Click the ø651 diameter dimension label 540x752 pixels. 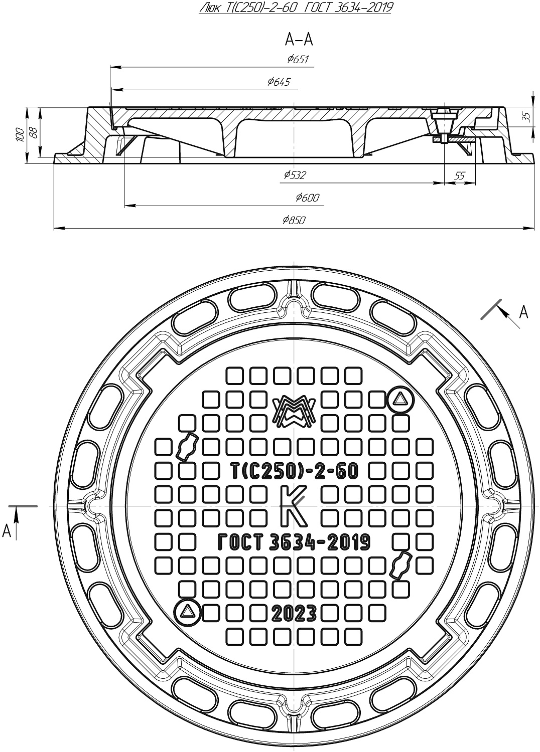point(298,60)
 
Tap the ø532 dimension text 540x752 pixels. point(294,175)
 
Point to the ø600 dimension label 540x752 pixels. point(307,198)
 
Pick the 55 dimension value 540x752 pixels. point(459,175)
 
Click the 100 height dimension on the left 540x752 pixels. point(19,134)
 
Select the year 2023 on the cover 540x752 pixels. point(294,613)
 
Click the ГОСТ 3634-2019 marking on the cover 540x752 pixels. point(294,542)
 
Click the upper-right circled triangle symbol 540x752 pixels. point(400,400)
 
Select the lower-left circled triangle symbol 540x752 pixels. point(188,612)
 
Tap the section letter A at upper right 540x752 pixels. point(523,312)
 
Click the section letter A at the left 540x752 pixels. point(7,530)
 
